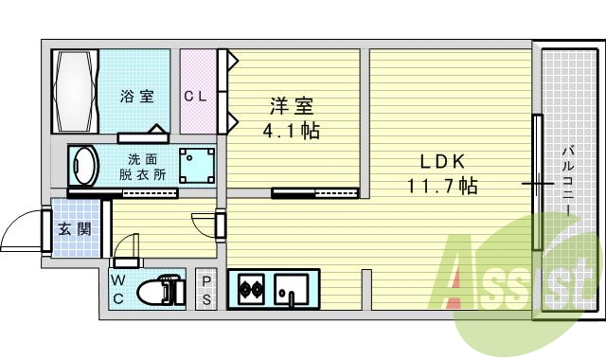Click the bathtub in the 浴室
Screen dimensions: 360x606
(x=76, y=92)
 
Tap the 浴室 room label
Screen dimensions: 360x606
(x=137, y=96)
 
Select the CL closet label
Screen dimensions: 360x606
(x=196, y=96)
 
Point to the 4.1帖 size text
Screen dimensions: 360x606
(x=291, y=130)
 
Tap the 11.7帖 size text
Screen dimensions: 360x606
(x=441, y=186)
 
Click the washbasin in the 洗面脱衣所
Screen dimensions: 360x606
(x=85, y=167)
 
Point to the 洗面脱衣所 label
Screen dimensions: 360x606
(x=143, y=167)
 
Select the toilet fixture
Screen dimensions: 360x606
(x=161, y=291)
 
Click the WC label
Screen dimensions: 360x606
(x=119, y=290)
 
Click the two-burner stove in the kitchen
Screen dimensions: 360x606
(x=251, y=290)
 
